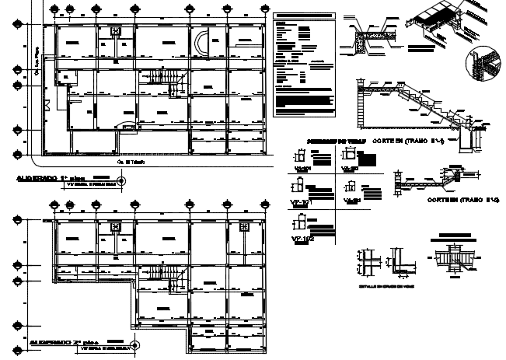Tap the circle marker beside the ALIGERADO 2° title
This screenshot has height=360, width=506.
coord(134,344)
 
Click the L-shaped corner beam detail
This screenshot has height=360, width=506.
coord(405,262)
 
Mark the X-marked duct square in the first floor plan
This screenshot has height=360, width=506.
coord(115,32)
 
